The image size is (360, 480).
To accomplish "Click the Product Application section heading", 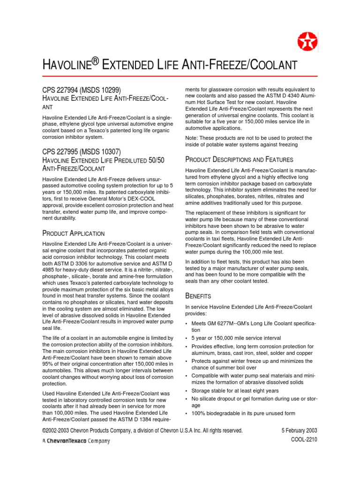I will (74, 233).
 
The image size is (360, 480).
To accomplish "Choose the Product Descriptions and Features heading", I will (240, 159).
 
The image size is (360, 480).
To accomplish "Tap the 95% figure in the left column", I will (49, 364).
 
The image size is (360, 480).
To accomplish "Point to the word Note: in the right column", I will (193, 138).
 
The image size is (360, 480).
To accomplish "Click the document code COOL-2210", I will (303, 441).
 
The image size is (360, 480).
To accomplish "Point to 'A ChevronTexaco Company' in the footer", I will (76, 441).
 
